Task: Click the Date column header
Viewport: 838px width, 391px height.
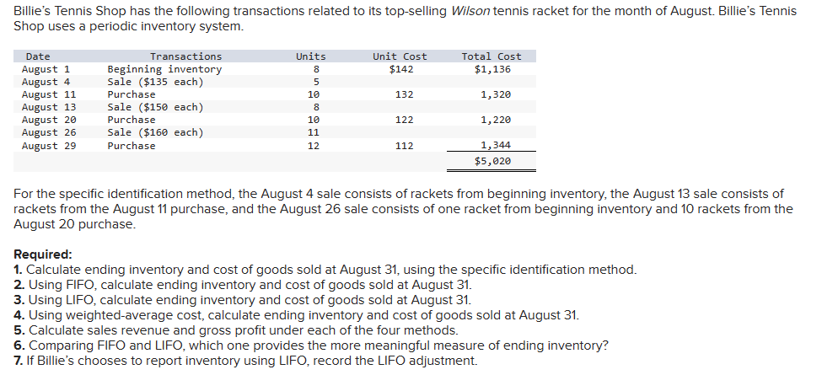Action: click(38, 56)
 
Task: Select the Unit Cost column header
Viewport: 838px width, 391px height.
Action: click(400, 56)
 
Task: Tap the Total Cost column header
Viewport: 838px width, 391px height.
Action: click(492, 56)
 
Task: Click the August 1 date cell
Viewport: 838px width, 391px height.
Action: click(46, 69)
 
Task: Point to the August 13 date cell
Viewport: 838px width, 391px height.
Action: click(49, 107)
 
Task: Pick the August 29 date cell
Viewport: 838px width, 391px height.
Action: click(49, 146)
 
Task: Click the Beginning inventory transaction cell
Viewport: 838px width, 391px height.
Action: click(164, 69)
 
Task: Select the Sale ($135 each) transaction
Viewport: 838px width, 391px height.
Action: click(155, 82)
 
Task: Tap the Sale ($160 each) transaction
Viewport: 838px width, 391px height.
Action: click(155, 132)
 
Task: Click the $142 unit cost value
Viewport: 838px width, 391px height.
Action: click(400, 69)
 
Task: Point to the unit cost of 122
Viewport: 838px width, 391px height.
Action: click(405, 120)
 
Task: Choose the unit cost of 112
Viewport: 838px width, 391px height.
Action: click(405, 146)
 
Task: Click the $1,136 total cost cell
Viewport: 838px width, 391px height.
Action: click(492, 69)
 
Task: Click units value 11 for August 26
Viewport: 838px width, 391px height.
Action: click(313, 132)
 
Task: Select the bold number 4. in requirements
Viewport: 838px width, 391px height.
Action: click(19, 315)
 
